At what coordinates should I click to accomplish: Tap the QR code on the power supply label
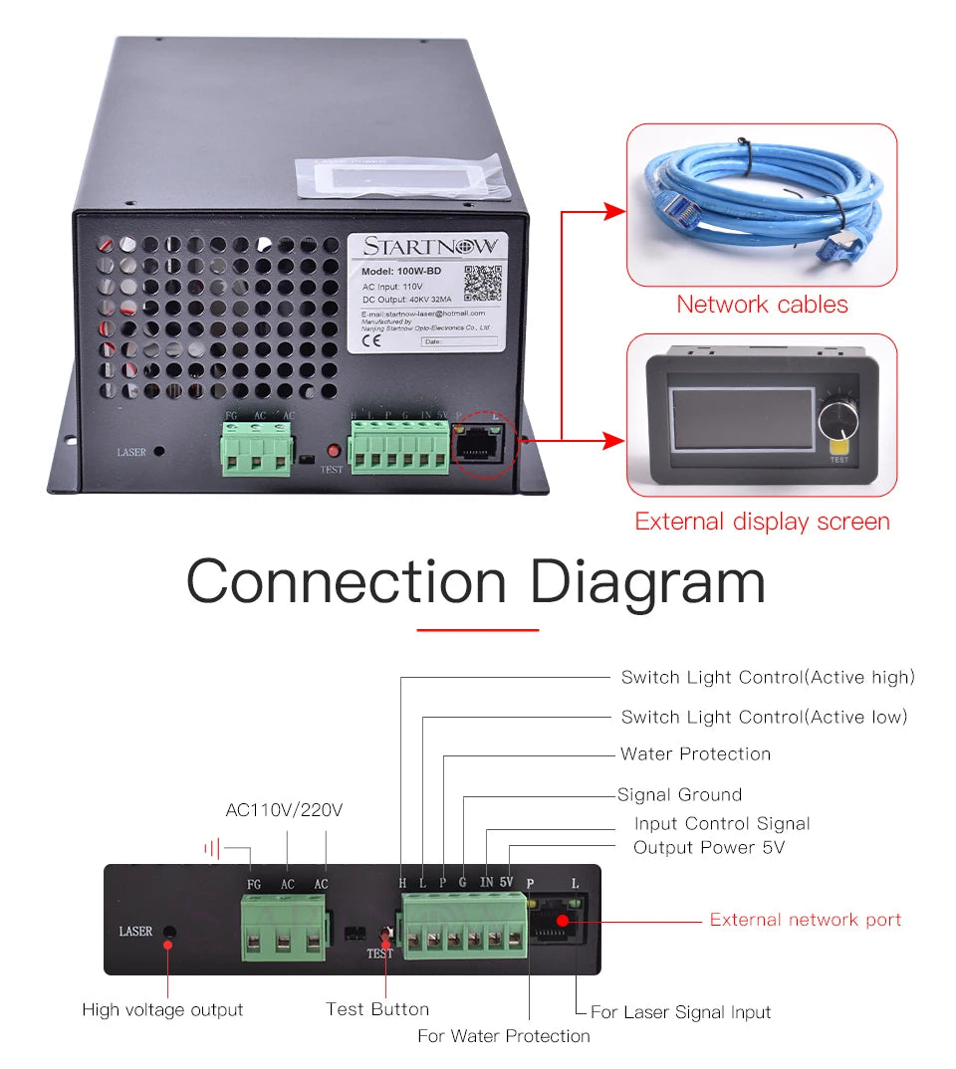[483, 283]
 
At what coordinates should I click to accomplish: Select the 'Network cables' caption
[762, 305]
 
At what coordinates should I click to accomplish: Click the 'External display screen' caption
[762, 522]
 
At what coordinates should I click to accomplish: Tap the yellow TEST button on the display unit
[838, 454]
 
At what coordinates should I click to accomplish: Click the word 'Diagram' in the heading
[647, 581]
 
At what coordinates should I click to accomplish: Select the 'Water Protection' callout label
[695, 754]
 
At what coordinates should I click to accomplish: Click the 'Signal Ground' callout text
[679, 794]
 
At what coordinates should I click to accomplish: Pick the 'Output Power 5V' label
[709, 848]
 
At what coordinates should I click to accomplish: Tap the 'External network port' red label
[805, 920]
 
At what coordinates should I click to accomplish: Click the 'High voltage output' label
[162, 1010]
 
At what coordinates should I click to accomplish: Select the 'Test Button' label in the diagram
[377, 1009]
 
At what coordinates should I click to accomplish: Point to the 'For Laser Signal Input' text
[680, 1012]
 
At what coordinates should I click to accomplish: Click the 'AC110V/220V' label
[284, 810]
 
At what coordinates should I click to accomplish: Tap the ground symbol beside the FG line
[211, 848]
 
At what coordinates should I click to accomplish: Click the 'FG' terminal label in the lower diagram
[254, 884]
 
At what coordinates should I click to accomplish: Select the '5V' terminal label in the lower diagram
[506, 882]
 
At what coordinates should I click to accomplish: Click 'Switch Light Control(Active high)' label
[767, 678]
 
